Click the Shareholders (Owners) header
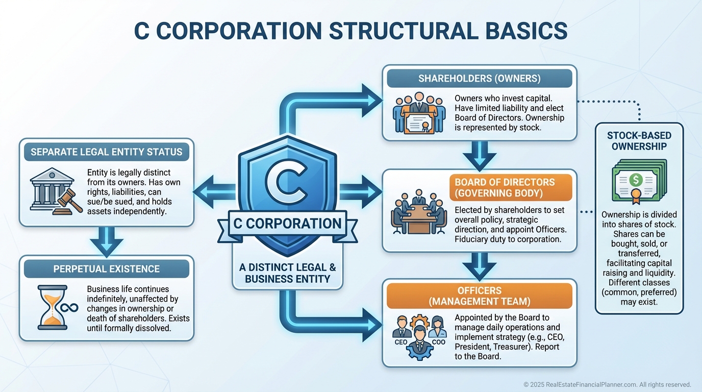[479, 79]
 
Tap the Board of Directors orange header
[510, 188]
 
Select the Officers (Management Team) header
[479, 296]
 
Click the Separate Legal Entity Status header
[106, 152]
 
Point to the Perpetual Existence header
[106, 269]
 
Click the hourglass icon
[53, 306]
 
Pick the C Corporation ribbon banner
[287, 224]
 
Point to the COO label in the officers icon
[439, 342]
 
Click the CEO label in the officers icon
[400, 342]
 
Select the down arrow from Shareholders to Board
[479, 155]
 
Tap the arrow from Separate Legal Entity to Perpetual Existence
[106, 241]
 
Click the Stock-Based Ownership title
[639, 141]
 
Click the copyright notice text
[607, 384]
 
